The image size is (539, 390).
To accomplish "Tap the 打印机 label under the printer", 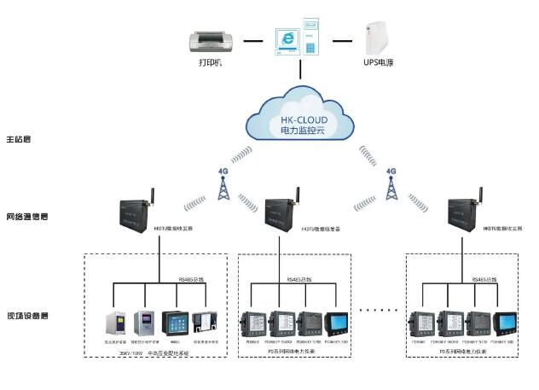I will [209, 63].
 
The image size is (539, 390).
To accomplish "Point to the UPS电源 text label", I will [378, 63].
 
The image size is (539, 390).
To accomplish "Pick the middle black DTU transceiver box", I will [282, 213].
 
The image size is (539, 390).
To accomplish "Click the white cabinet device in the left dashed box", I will [115, 324].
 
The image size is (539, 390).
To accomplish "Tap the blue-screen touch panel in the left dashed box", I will [174, 325].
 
